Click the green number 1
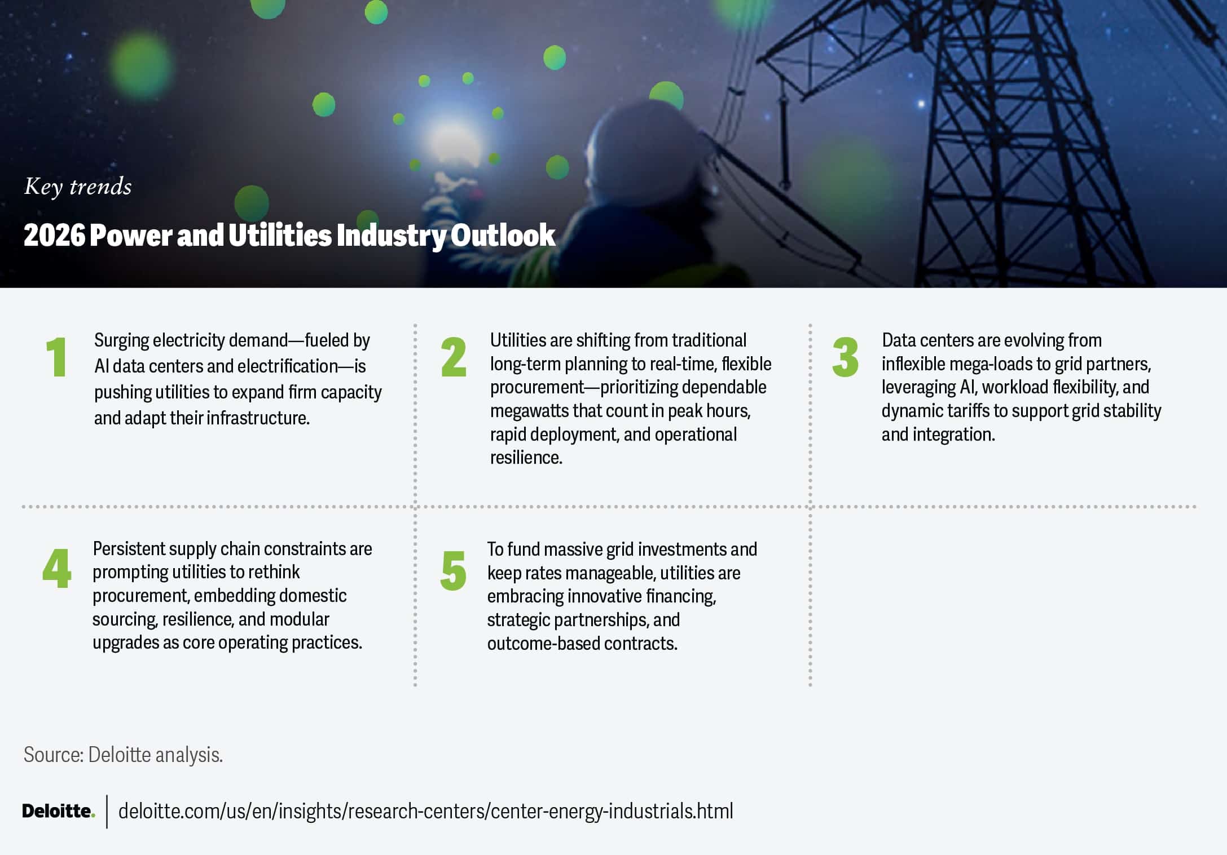pyautogui.click(x=57, y=357)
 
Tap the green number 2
pyautogui.click(x=454, y=357)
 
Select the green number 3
pyautogui.click(x=845, y=357)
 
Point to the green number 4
pyautogui.click(x=57, y=568)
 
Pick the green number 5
pyautogui.click(x=454, y=570)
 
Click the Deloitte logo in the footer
pyautogui.click(x=58, y=811)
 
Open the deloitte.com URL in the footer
pyautogui.click(x=426, y=811)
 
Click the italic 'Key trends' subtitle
pyautogui.click(x=78, y=187)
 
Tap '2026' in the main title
pyautogui.click(x=54, y=235)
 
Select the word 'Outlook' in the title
pyautogui.click(x=503, y=235)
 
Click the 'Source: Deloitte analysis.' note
pyautogui.click(x=123, y=755)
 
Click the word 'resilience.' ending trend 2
pyautogui.click(x=526, y=458)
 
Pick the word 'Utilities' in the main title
pyautogui.click(x=280, y=235)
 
